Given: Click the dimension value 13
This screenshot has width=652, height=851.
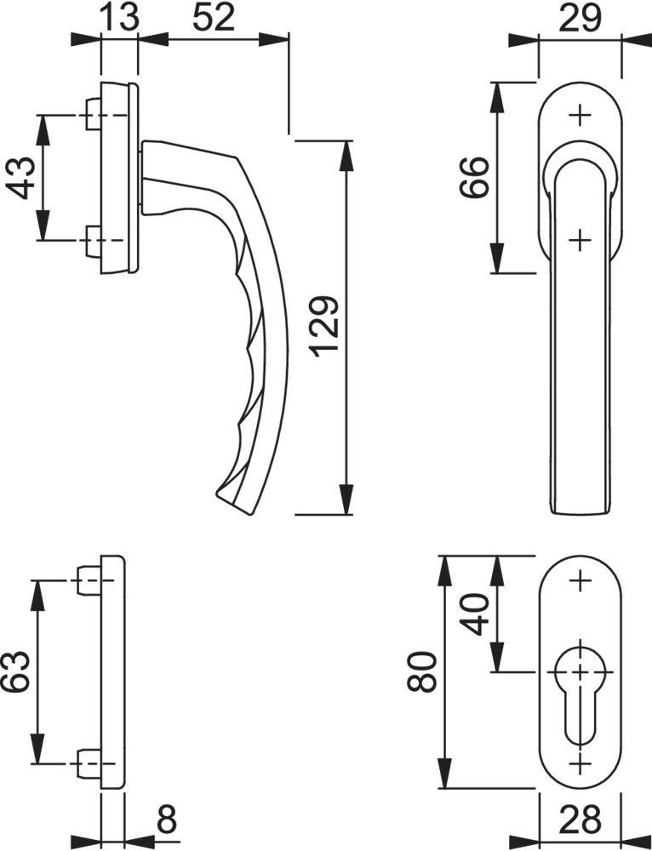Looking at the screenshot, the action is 120,18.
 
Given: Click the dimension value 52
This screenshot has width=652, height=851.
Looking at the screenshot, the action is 214,18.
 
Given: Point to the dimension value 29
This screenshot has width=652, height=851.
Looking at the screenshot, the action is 581,18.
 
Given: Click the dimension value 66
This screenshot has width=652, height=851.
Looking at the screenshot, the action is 474,178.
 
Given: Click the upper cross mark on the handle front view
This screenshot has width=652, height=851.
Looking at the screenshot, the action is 581,115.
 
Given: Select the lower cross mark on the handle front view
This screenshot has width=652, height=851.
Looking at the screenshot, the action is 581,239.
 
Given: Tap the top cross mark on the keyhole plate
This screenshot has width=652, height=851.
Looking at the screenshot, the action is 581,580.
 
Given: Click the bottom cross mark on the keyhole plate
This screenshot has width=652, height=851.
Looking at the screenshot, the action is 581,764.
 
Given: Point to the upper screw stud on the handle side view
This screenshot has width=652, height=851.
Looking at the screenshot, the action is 94,115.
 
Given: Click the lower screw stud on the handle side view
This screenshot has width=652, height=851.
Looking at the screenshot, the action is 94,240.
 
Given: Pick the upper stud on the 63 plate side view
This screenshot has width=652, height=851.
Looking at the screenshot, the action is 89,580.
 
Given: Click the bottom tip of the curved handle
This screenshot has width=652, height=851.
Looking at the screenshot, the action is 217,494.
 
